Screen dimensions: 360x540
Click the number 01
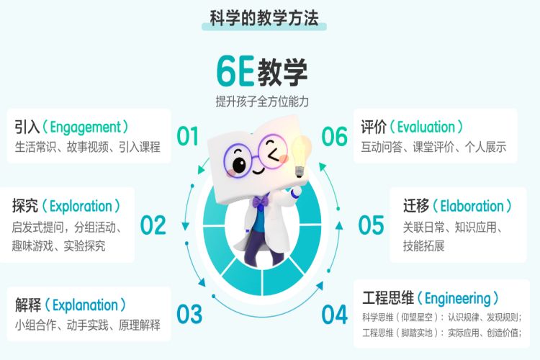[188, 135]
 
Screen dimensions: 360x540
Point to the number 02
[153, 225]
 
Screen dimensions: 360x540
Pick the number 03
[189, 314]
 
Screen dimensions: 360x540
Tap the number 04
[334, 314]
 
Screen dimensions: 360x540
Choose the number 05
[371, 225]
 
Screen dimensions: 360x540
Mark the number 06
[334, 135]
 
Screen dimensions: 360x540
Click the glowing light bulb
[301, 155]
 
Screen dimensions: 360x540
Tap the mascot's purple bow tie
[259, 203]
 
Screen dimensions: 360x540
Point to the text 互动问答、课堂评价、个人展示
[434, 147]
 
